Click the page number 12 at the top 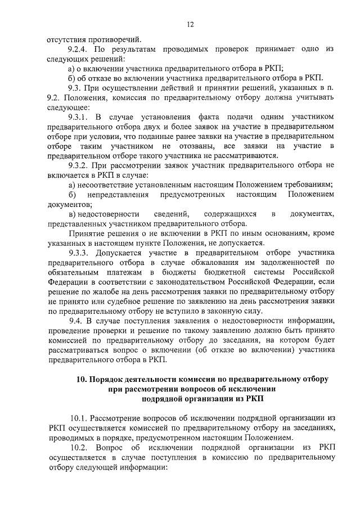click(x=190, y=24)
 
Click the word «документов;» click(x=69, y=204)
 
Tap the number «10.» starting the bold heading click(x=83, y=379)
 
